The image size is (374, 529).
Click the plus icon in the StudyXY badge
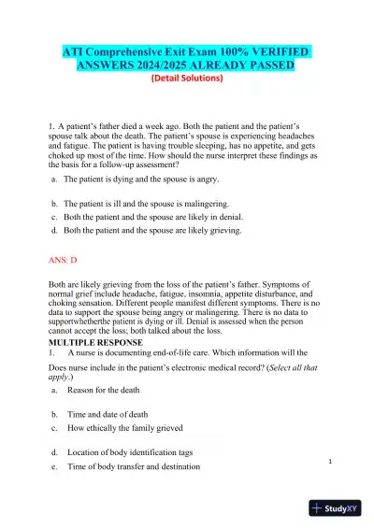[318, 509]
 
